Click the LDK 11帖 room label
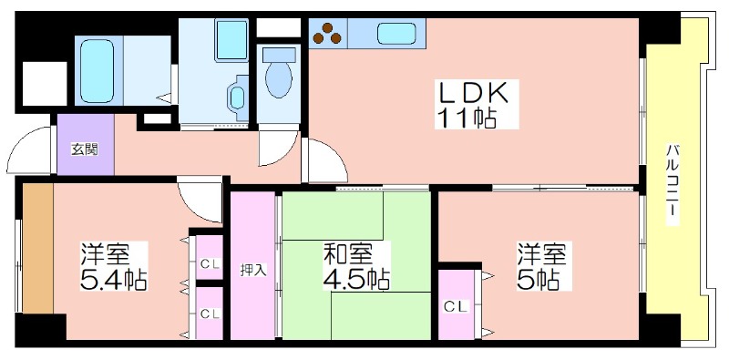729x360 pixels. point(477,105)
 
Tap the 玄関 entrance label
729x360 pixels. point(85,149)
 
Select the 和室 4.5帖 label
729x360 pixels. point(356,266)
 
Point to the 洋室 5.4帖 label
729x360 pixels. point(114,266)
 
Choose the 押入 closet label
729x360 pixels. point(253,271)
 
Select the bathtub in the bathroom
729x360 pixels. point(97,71)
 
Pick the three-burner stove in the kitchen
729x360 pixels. point(328,33)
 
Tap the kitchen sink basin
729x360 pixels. point(396,34)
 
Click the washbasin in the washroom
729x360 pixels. point(238,98)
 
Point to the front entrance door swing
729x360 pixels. point(29,149)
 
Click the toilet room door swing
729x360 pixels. point(278,148)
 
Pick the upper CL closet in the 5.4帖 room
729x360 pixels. point(210,258)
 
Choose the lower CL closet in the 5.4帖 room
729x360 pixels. point(210,313)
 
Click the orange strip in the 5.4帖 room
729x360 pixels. point(38,248)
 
